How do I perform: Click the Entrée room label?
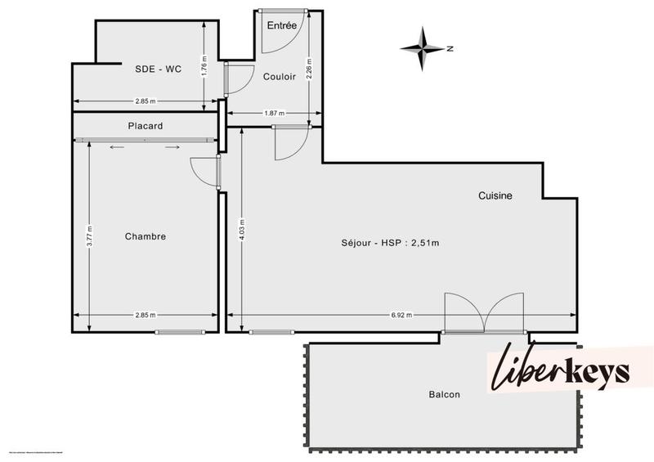point(281,25)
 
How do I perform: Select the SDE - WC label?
point(158,69)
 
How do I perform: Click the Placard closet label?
point(146,126)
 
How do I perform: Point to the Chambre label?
point(146,236)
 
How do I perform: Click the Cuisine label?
point(495,195)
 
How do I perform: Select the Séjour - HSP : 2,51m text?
point(390,243)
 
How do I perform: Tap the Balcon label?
point(444,394)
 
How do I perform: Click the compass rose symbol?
point(423,48)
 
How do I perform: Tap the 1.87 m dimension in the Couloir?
point(274,114)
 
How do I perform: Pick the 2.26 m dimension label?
point(309,65)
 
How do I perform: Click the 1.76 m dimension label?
point(204,65)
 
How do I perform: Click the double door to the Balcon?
point(484,313)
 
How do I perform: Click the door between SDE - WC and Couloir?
point(235,78)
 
